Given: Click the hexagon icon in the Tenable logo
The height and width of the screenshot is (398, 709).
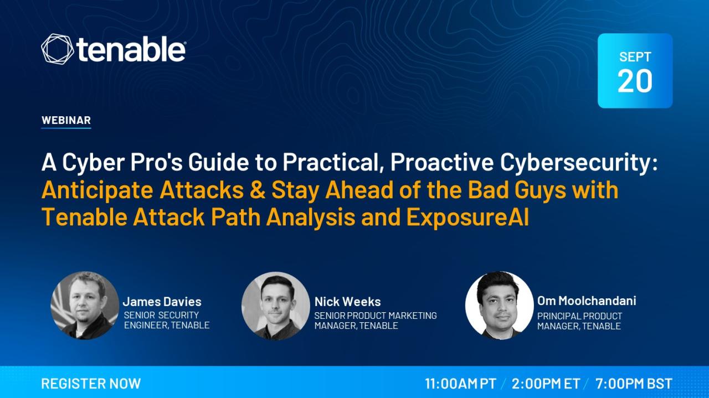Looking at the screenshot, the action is click(57, 49).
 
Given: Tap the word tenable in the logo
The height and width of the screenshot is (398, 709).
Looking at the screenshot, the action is click(131, 49).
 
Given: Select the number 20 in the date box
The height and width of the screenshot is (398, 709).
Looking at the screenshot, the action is click(635, 81).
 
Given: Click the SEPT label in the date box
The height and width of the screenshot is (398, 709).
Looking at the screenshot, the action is click(635, 57).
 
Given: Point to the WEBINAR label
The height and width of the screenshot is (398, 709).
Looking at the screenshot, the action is click(66, 120).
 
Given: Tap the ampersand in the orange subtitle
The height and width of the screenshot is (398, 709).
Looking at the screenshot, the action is click(257, 190).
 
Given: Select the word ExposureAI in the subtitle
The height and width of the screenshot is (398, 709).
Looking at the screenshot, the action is click(467, 218).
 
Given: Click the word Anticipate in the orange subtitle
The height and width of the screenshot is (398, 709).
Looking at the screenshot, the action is click(97, 190).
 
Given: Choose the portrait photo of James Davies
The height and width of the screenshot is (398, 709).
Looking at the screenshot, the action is click(85, 306).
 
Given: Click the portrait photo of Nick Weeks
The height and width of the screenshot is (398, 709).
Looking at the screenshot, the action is click(276, 306).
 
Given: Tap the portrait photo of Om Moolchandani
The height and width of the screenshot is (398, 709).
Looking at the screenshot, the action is click(499, 306).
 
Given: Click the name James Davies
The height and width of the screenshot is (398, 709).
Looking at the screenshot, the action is click(162, 302).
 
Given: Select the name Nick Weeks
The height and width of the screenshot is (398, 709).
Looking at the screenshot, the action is click(347, 302).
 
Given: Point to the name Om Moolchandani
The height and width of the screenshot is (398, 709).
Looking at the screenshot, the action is click(587, 301).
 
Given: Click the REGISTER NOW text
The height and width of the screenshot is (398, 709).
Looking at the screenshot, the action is click(91, 384).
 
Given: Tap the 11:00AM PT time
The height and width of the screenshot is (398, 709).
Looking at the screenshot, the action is click(460, 384).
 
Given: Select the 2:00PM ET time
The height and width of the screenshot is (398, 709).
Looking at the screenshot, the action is click(546, 384).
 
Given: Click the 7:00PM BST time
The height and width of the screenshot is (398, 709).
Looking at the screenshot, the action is click(634, 384).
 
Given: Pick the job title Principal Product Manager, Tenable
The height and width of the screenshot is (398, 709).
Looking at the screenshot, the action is click(579, 321).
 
